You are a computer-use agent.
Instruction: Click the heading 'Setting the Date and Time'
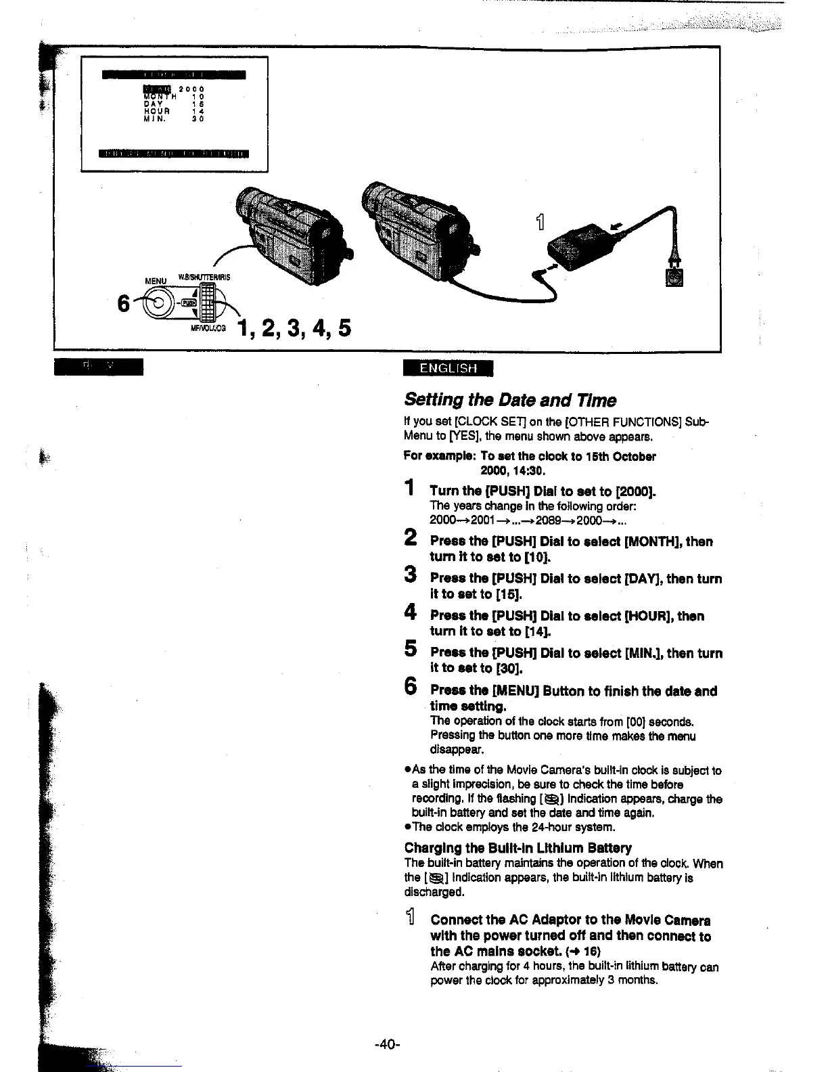coord(510,400)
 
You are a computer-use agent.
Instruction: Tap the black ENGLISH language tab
coord(448,368)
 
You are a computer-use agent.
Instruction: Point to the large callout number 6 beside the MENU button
coord(124,305)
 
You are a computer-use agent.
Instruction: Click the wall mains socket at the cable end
coord(675,277)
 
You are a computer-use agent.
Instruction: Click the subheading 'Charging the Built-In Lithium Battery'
coord(517,848)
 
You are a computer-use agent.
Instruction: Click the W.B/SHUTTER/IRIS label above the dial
coord(204,277)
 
